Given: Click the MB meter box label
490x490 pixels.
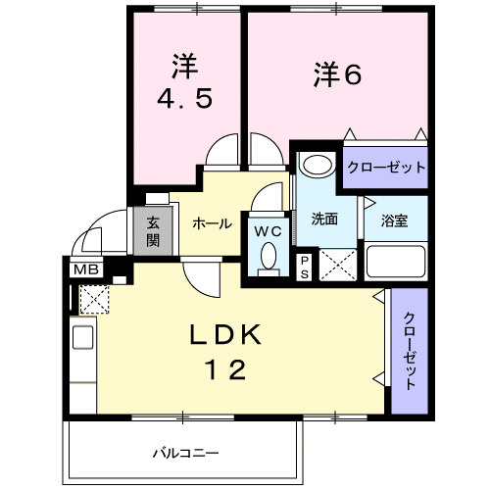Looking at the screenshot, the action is coord(86,269).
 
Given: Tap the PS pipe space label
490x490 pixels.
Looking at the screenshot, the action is coord(305,268).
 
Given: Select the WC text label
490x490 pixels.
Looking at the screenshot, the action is coord(268,231).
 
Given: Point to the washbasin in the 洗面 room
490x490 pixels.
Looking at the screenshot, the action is coord(318,165).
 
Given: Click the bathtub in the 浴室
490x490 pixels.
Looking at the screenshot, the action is coord(396,262).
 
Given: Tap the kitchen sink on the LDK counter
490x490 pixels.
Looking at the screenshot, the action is coord(83,337).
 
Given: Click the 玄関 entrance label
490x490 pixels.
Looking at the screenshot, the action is coord(153,231).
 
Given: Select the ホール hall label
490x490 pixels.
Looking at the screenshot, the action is coord(212,224).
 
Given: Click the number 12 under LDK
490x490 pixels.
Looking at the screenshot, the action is coord(224,369).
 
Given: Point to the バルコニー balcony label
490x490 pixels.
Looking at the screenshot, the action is coord(186,453).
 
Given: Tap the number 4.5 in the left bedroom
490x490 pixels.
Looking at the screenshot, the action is coord(185,98).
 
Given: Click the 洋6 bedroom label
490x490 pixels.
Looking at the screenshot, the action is coord(338,74).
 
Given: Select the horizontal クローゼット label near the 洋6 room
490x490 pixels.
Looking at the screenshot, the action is coord(386,168).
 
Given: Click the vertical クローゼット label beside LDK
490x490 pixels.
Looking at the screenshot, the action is coord(410,351).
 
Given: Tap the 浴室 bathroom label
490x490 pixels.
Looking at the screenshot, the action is coord(394,220).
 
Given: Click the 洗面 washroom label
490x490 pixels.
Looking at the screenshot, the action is coord(324,219).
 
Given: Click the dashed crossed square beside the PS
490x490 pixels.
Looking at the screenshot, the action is coord(338,265).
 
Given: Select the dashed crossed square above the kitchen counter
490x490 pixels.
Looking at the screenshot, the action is coord(94,299).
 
